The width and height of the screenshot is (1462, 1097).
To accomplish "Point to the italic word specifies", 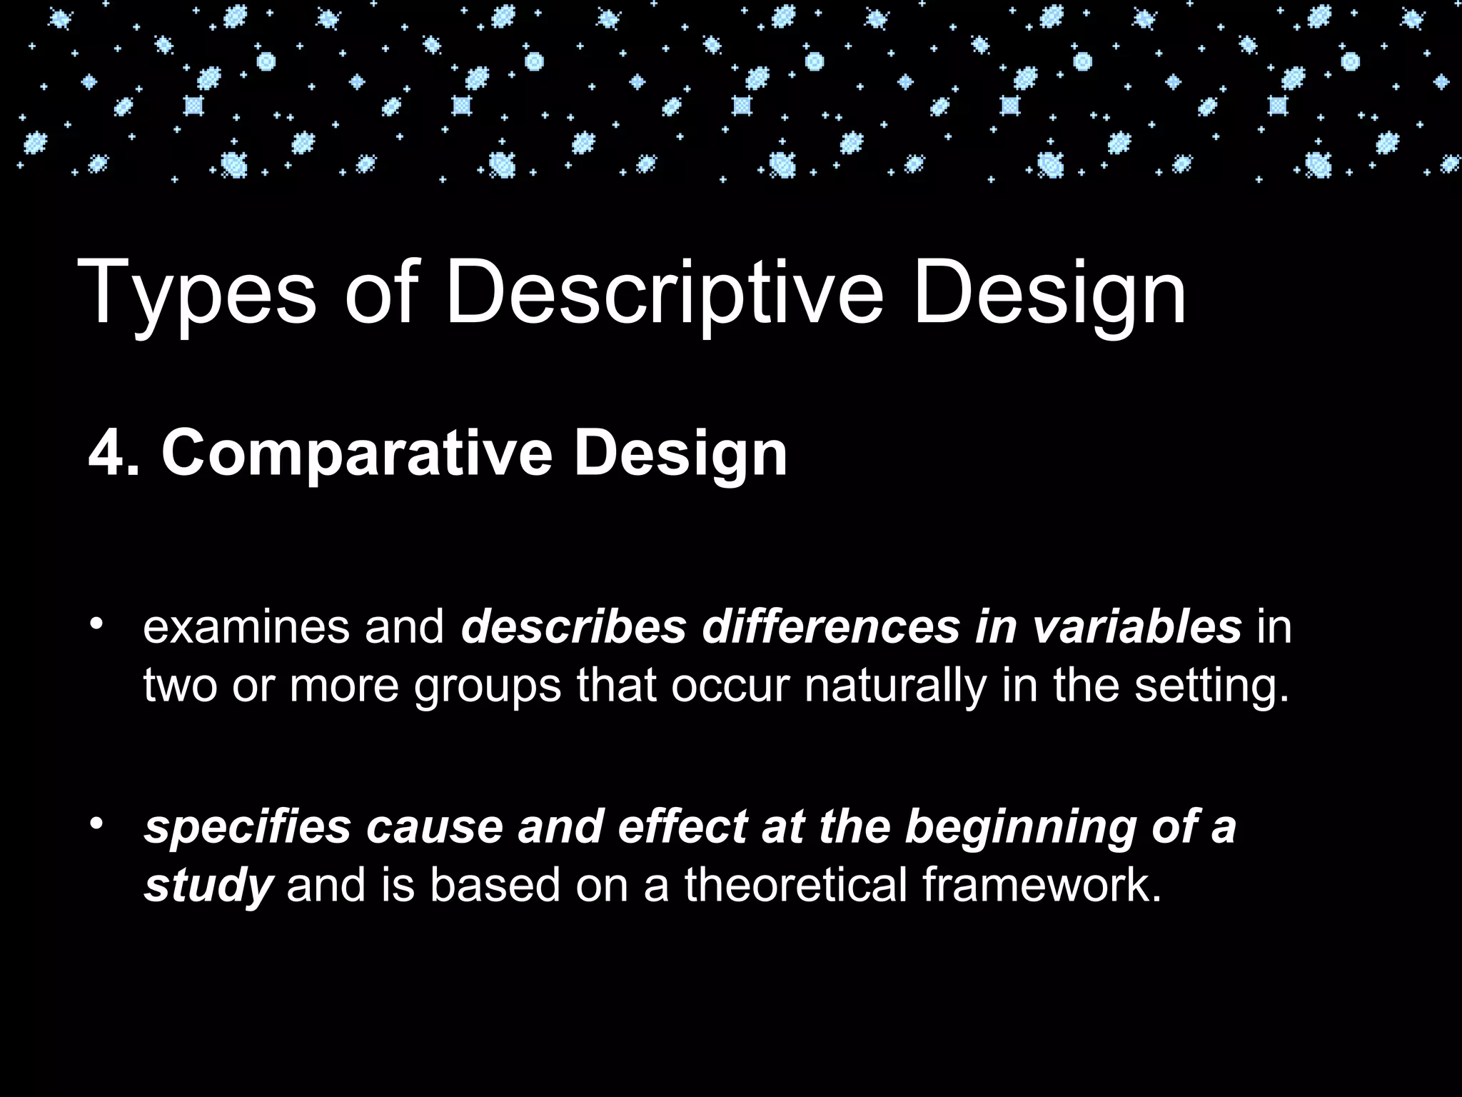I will coord(247,826).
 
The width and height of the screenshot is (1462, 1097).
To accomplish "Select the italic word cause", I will coord(434,826).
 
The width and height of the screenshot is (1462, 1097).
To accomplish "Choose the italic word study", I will coord(208,886).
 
